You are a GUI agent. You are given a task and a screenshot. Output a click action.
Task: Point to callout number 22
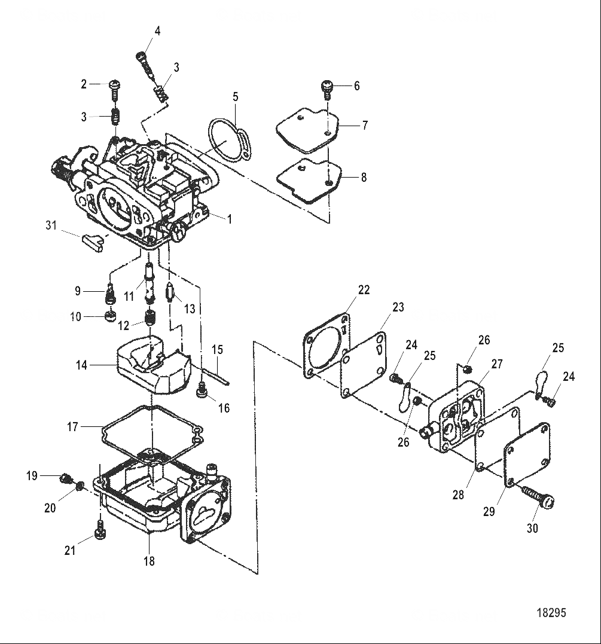364,290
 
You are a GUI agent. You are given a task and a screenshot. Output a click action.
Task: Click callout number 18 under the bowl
149,561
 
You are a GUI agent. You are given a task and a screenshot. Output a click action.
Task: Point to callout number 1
228,219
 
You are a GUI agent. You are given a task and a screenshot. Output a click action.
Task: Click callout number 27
498,364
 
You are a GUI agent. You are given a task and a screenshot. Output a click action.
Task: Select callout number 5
236,96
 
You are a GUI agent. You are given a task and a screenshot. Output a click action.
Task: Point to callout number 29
489,512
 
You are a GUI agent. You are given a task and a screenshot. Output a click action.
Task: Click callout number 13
190,309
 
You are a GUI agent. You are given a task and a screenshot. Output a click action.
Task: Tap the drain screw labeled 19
64,477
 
